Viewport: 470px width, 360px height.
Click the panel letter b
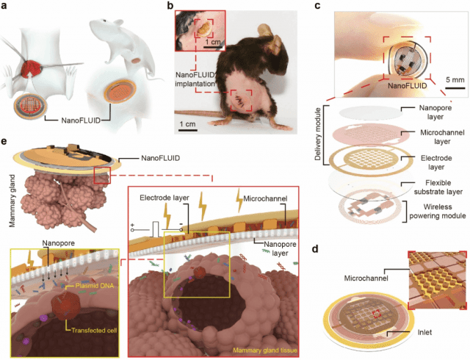tap(171, 7)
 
